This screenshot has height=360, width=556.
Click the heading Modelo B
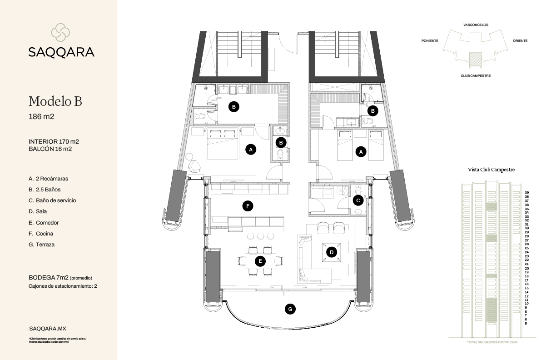(x=55, y=101)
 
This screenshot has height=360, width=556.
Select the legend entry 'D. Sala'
(x=38, y=211)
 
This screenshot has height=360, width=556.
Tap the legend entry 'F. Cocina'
(x=40, y=234)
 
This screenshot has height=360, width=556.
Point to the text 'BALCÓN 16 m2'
(x=50, y=149)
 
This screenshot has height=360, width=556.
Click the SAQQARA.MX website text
(x=47, y=328)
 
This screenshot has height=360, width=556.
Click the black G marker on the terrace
(x=290, y=310)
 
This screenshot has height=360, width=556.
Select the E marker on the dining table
(x=260, y=261)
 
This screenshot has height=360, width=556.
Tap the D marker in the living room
(x=332, y=252)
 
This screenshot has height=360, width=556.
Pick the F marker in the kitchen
(x=248, y=206)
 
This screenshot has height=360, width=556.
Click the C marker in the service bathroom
(x=358, y=200)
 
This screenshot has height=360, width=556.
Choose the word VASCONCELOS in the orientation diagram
(x=476, y=25)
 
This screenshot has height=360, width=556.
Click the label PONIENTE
(x=430, y=41)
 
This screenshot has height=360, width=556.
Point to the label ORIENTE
(x=520, y=41)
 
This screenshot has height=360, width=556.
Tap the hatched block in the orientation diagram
(x=475, y=58)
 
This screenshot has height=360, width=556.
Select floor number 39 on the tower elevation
(x=527, y=193)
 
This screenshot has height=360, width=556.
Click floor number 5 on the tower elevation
(x=526, y=323)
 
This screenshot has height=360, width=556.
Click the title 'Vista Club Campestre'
(x=491, y=170)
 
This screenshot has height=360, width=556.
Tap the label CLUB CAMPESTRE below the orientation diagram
(x=476, y=76)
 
